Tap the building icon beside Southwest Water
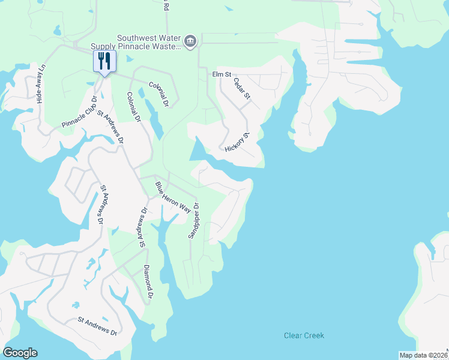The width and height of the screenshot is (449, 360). (190, 41)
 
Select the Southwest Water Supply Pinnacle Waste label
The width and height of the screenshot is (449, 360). (136, 41)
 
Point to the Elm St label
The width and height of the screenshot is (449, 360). (221, 74)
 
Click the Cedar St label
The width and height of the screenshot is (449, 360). (242, 88)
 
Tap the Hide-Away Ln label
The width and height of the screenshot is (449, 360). (41, 88)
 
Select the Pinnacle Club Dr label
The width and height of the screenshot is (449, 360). (79, 112)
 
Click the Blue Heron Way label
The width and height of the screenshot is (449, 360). (173, 197)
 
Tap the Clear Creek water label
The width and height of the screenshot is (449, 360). (304, 335)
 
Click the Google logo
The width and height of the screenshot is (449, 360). (20, 353)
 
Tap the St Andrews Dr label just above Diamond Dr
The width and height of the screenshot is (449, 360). (143, 227)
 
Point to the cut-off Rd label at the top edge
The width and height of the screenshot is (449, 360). (166, 6)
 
